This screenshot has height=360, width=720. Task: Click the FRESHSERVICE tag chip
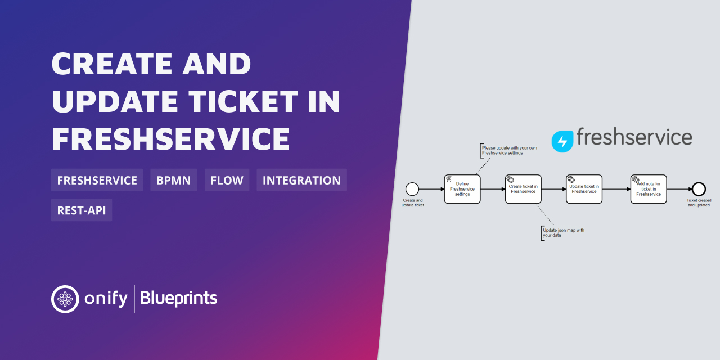[x=97, y=180]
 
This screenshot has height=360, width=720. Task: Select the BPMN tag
[x=173, y=180]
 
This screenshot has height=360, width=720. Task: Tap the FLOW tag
[x=227, y=180]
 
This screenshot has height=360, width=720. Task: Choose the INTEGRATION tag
[x=301, y=180]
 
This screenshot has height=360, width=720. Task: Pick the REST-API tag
[x=81, y=210]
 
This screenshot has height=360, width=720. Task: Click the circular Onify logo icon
[x=65, y=299]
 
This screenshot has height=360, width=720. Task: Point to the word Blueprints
[x=178, y=298]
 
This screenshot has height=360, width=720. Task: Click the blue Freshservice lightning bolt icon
[x=562, y=141]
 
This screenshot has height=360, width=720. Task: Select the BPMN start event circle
[x=412, y=189]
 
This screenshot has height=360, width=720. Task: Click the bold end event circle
[x=699, y=189]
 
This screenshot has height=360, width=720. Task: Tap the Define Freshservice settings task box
[x=462, y=189]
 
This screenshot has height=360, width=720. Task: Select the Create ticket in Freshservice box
[x=523, y=189]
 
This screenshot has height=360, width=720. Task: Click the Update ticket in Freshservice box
[x=584, y=189]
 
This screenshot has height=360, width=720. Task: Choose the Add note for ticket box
[x=649, y=189]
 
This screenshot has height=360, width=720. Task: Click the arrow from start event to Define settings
[x=431, y=189]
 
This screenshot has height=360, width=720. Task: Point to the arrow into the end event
[x=679, y=189]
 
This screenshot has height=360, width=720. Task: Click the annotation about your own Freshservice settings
[x=502, y=150]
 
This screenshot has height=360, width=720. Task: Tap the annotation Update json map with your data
[x=562, y=232]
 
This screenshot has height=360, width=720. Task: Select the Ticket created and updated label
[x=699, y=202]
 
